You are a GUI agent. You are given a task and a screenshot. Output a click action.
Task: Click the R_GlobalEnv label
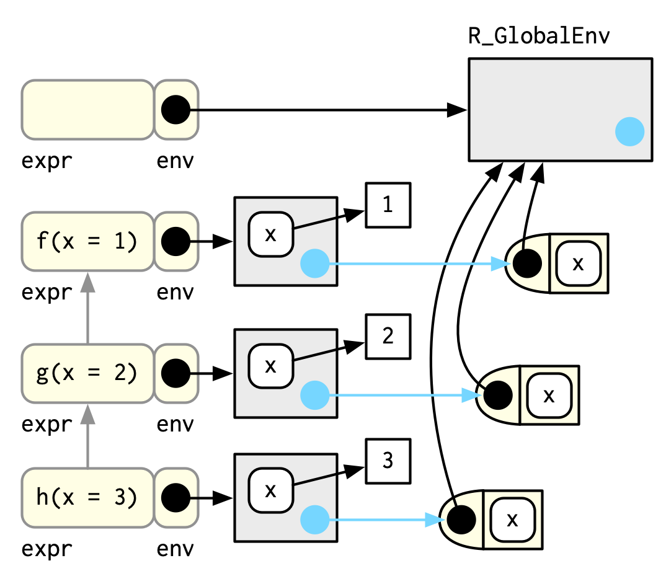pos(539,37)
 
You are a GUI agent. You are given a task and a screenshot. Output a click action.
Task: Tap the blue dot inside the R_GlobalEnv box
pos(629,131)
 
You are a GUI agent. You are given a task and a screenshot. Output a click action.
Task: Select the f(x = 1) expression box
pos(87,241)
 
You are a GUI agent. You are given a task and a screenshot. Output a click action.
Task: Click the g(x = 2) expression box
pos(87,373)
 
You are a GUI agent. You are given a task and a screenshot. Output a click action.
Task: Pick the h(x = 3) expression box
pos(87,497)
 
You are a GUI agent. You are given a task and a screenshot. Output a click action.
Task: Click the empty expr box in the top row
pos(87,109)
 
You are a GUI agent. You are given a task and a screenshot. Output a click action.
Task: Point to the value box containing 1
pos(388,205)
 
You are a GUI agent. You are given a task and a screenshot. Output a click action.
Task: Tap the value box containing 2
pos(388,337)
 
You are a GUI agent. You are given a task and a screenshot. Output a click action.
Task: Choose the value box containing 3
pos(388,461)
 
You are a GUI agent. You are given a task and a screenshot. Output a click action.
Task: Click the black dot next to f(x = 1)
pos(175,241)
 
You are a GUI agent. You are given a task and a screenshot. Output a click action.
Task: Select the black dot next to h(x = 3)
pos(175,497)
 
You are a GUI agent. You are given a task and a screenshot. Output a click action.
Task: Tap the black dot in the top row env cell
pos(175,109)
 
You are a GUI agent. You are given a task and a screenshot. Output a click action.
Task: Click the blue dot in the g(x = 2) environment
pos(314,395)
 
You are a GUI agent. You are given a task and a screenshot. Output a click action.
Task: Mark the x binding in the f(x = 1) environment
pos(270,234)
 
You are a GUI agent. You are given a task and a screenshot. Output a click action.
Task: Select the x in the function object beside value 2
pos(548,395)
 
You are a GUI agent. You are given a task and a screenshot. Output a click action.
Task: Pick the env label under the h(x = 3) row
pos(175,549)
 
